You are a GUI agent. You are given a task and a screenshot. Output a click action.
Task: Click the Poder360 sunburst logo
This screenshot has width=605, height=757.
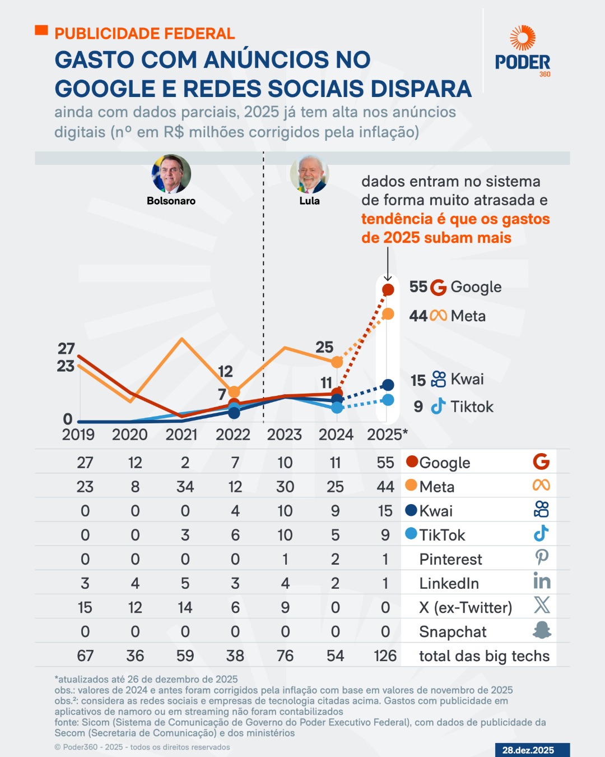pyautogui.click(x=522, y=38)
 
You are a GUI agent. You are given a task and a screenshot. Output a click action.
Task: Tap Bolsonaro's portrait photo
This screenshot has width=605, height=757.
pyautogui.click(x=171, y=174)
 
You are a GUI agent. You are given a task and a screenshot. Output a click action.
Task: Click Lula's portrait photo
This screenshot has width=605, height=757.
pyautogui.click(x=309, y=174)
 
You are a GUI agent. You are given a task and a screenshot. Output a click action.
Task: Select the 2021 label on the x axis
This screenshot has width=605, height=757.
pyautogui.click(x=182, y=435)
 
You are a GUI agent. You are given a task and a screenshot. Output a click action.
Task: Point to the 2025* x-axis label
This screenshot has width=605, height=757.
pyautogui.click(x=387, y=435)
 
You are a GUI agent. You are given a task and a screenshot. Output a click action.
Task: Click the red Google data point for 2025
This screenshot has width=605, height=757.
pyautogui.click(x=388, y=289)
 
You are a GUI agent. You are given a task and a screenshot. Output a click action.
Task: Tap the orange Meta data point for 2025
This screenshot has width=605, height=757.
pyautogui.click(x=388, y=314)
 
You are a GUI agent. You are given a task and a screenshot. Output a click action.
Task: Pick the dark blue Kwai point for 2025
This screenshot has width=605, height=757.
pyautogui.click(x=388, y=385)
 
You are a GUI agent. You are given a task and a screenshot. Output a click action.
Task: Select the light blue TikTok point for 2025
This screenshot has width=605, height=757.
pyautogui.click(x=388, y=400)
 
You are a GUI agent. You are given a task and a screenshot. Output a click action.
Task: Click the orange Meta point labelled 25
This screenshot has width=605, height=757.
pyautogui.click(x=337, y=362)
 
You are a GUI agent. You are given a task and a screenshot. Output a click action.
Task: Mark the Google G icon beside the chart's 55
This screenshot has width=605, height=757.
pyautogui.click(x=438, y=287)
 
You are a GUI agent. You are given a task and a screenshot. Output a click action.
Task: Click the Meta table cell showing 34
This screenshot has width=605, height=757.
pyautogui.click(x=185, y=487)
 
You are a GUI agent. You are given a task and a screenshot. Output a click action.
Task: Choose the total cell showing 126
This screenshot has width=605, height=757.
pyautogui.click(x=385, y=656)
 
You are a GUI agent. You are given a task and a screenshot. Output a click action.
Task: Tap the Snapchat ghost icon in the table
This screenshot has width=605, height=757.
pyautogui.click(x=542, y=630)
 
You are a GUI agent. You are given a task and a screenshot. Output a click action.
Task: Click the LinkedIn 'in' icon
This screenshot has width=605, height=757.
pyautogui.click(x=542, y=581)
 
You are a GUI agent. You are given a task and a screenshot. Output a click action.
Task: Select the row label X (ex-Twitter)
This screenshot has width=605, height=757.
pyautogui.click(x=466, y=608)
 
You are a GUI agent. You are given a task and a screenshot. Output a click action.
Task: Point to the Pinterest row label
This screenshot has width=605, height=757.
pyautogui.click(x=450, y=560)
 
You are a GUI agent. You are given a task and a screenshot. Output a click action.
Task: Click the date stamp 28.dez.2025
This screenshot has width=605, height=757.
pyautogui.click(x=528, y=750)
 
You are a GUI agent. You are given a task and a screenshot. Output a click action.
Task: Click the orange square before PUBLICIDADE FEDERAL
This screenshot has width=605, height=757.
pyautogui.click(x=41, y=30)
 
